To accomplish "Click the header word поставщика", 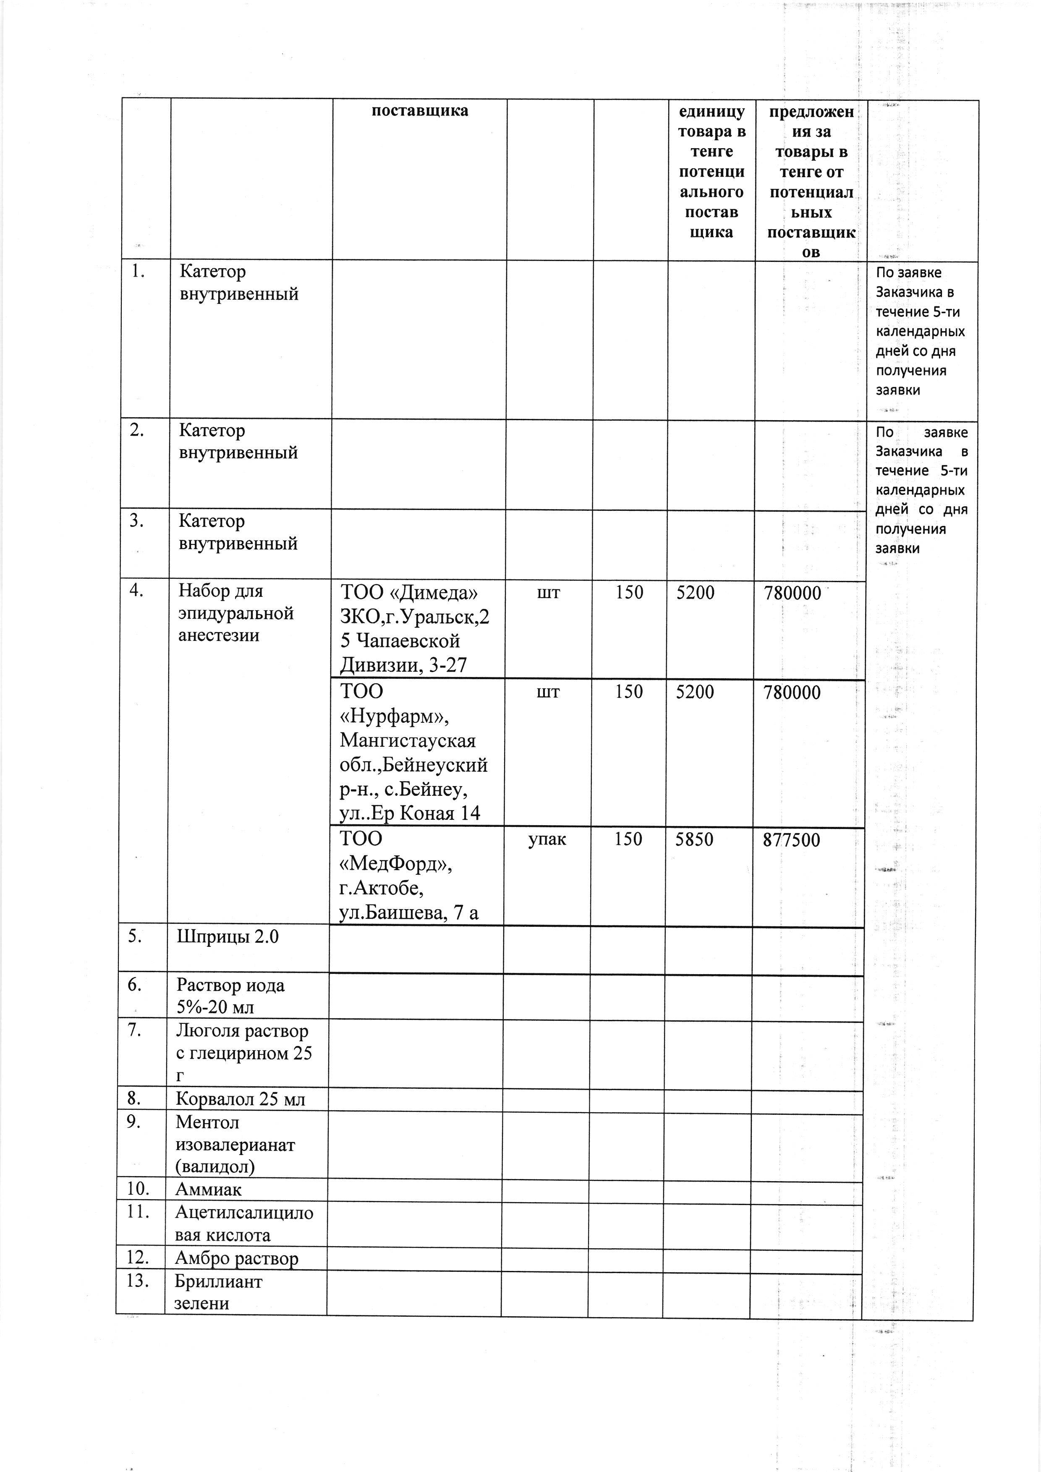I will pyautogui.click(x=420, y=111).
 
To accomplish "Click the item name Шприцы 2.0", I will pyautogui.click(x=228, y=937).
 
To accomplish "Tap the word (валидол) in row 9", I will pyautogui.click(x=215, y=1166).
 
